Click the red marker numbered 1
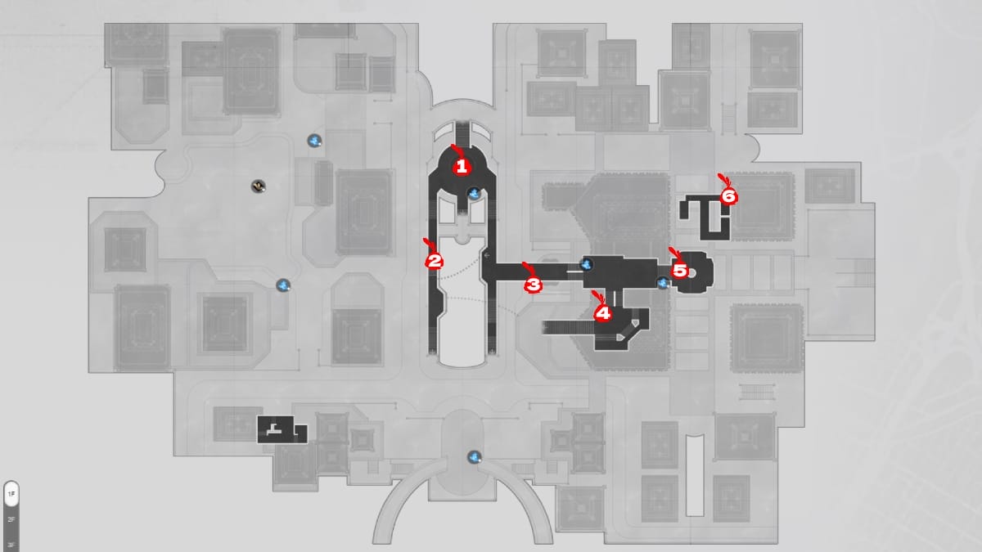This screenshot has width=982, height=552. click(462, 167)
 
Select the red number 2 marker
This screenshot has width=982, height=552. click(435, 262)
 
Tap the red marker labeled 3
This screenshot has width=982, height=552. click(533, 285)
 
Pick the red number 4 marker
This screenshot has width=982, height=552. click(603, 312)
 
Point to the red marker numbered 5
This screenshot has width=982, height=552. click(679, 270)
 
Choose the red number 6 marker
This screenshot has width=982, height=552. click(728, 196)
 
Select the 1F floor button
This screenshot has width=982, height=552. click(11, 495)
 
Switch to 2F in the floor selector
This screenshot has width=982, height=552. click(11, 519)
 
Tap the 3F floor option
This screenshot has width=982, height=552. click(11, 544)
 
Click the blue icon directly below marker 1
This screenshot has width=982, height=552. click(474, 194)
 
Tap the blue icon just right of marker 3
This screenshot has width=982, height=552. click(587, 264)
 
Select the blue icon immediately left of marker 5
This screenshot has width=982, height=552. click(663, 283)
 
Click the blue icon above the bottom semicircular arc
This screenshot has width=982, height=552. click(474, 456)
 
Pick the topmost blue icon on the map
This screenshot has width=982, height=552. click(313, 141)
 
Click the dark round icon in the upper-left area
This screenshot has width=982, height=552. click(258, 186)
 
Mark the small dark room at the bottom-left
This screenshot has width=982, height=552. click(281, 430)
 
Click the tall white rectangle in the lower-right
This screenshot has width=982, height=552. click(695, 475)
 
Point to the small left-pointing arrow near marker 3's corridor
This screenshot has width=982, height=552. click(487, 256)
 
